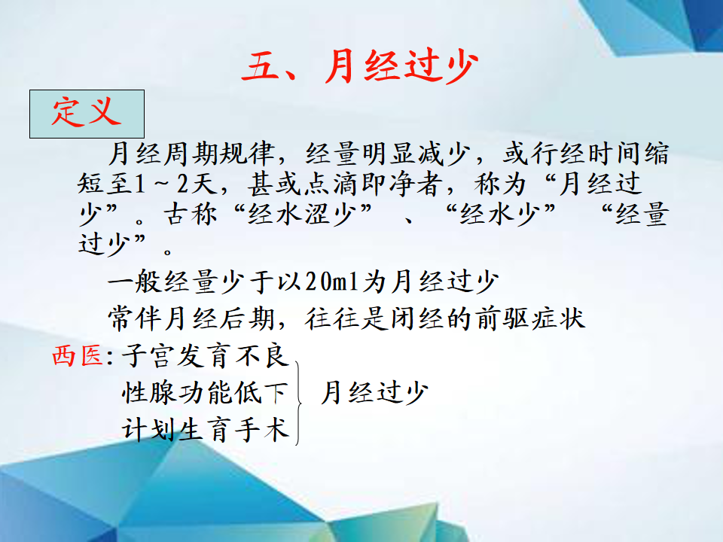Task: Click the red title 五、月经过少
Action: click(360, 67)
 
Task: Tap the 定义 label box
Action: click(87, 114)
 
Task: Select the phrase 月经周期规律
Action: click(191, 154)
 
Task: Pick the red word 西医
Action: click(78, 356)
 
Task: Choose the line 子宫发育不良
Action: click(205, 356)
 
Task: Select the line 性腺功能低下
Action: click(205, 393)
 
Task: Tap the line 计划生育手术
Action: click(205, 430)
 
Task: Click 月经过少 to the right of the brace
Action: click(374, 393)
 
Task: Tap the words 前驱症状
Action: click(530, 318)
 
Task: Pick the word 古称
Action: click(191, 215)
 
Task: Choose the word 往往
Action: click(332, 318)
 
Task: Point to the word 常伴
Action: click(135, 318)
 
